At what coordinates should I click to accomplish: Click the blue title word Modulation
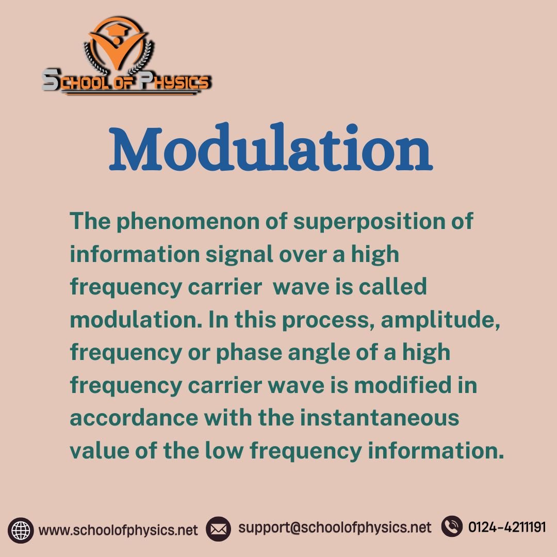(x=271, y=146)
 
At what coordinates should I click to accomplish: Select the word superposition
(x=369, y=221)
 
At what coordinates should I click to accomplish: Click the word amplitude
(x=440, y=320)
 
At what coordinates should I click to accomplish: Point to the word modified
(x=403, y=385)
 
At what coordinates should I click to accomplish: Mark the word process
(x=329, y=320)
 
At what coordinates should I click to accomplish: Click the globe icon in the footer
(x=21, y=530)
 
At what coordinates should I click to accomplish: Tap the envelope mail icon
(x=218, y=529)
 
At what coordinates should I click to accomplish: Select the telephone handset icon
(x=452, y=526)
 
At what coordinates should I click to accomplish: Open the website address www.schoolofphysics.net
(x=118, y=530)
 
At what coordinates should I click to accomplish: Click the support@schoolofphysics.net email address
(x=335, y=528)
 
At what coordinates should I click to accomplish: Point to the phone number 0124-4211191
(x=507, y=527)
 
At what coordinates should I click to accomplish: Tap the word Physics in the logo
(x=175, y=81)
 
